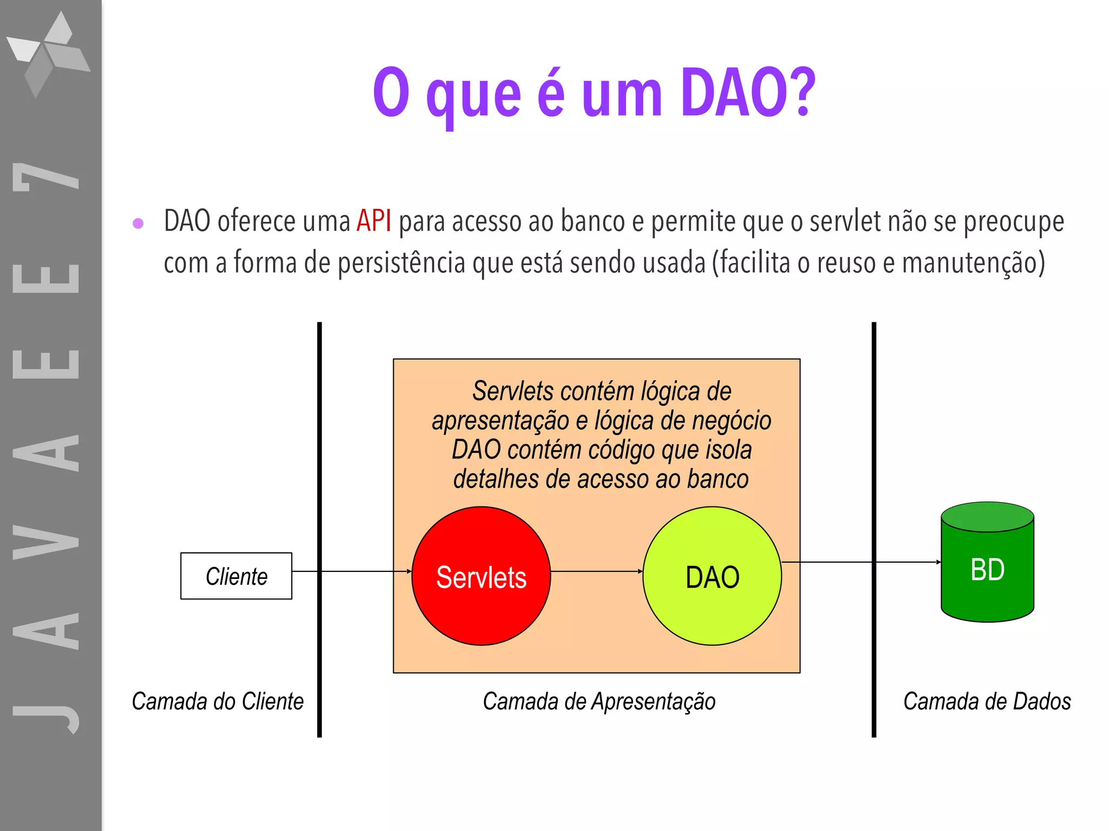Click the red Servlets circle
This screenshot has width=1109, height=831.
481,576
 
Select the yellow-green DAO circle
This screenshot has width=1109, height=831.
712,576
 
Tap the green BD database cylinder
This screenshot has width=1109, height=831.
987,563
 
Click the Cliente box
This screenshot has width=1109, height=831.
236,576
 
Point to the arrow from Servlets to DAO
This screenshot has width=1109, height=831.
596,571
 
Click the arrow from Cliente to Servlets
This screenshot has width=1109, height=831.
352,571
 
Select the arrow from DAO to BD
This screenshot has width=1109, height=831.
861,562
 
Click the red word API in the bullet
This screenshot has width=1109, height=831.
374,221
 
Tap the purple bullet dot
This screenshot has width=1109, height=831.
138,223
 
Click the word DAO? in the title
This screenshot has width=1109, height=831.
748,93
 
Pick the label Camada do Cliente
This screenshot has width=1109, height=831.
218,701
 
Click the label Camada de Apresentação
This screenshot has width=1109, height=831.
599,701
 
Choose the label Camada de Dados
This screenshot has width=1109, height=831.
987,701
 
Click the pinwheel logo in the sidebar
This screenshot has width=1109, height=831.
49,54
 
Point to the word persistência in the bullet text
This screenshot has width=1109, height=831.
401,263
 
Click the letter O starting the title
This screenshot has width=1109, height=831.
390,93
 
